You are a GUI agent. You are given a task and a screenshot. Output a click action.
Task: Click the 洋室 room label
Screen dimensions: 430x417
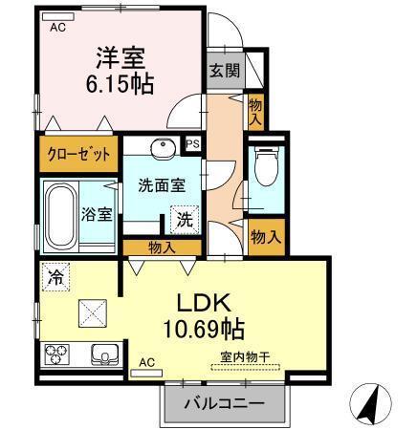click(120, 55)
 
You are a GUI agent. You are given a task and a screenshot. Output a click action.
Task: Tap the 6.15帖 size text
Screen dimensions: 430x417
click(120, 83)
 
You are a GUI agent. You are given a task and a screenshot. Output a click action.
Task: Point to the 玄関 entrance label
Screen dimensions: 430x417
click(226, 71)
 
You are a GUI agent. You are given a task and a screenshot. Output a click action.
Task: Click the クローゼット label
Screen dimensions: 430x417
click(79, 154)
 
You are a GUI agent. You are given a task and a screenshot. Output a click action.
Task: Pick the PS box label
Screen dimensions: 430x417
click(192, 145)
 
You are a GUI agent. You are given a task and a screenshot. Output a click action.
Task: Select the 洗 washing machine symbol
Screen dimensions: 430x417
click(182, 219)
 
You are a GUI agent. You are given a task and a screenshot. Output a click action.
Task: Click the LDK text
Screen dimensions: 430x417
click(202, 303)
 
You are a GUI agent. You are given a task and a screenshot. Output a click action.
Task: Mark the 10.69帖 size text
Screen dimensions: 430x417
click(203, 331)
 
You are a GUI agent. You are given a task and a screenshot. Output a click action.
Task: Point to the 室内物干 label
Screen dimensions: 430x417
click(240, 358)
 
